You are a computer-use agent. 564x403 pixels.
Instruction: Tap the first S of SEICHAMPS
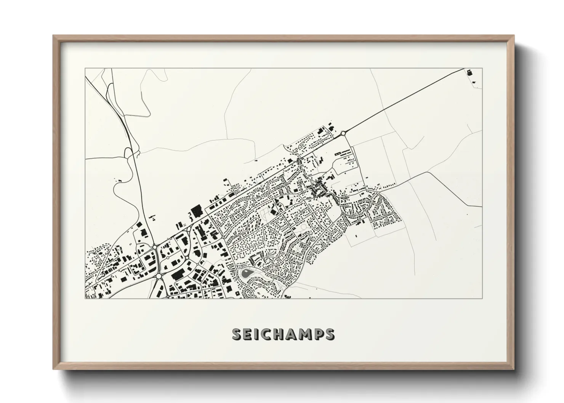237,334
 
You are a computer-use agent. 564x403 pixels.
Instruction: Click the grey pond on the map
247,273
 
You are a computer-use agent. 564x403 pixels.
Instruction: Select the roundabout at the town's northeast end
343,133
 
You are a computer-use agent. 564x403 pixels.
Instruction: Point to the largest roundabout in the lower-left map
155,247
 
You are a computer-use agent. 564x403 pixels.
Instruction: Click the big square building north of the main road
197,211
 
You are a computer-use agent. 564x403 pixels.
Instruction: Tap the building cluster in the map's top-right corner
469,72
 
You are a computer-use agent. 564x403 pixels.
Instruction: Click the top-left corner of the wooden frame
53,35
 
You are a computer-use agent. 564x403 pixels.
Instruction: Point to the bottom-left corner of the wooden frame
53,369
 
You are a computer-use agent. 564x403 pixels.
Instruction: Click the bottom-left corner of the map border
85,298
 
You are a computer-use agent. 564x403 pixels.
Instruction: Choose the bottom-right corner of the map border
482,298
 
